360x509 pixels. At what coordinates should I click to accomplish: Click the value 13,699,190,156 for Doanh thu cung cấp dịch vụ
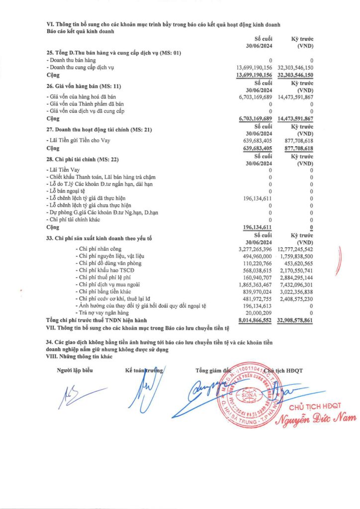pos(254,67)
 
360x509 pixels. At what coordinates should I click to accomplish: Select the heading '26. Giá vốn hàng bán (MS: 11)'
pos(82,87)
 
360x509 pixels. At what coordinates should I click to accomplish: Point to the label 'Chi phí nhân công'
pos(98,248)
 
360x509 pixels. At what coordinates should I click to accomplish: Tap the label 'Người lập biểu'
pos(74,370)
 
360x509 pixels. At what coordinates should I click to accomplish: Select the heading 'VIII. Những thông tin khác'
pos(79,356)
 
